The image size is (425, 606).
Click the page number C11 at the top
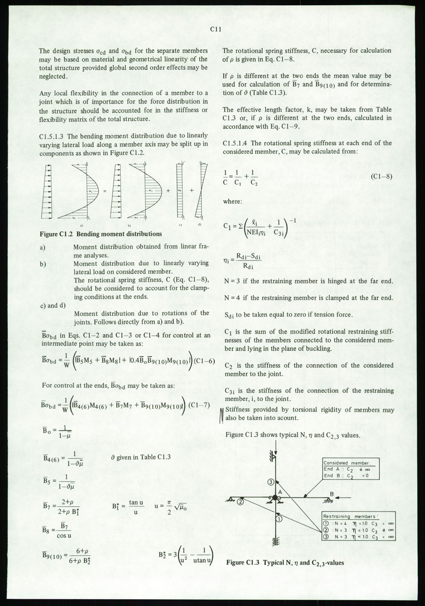coord(216,30)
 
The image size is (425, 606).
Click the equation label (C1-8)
coord(381,177)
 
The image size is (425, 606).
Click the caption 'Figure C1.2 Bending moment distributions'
coord(100,234)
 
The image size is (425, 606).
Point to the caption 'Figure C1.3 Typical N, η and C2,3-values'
coord(285,562)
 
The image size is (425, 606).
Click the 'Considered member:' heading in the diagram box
coord(347,463)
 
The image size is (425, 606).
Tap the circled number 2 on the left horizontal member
coord(240,502)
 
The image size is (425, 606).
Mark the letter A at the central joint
coord(280,492)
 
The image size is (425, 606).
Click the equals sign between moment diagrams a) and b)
coord(105,191)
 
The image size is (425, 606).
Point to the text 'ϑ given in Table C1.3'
coord(141,457)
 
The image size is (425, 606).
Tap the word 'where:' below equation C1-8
coord(232,202)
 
